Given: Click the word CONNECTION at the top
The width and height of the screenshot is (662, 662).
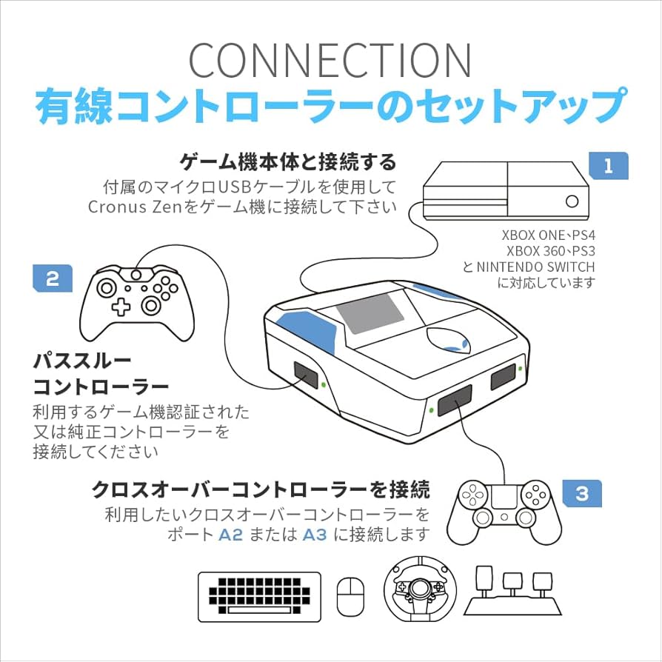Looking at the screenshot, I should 330,61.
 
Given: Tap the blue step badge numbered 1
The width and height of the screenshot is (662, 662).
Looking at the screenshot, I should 608,166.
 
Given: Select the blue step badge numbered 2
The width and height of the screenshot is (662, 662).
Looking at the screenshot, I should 53,278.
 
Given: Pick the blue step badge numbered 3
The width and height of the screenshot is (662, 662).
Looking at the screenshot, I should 581,492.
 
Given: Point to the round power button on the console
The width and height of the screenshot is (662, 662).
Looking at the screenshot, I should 572,200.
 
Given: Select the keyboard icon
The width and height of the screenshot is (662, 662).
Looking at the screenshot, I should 259,595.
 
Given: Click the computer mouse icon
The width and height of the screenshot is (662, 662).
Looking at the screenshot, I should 350,595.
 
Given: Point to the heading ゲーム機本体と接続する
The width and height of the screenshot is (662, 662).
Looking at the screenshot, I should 289,161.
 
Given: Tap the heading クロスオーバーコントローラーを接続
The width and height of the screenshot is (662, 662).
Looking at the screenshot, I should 261,489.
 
